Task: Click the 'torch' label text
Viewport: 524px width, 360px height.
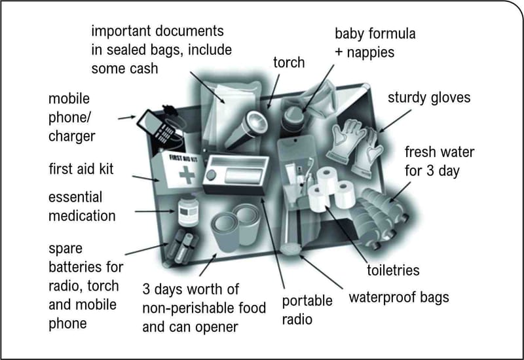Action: (x=289, y=63)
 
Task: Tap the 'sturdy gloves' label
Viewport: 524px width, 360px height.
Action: (x=429, y=98)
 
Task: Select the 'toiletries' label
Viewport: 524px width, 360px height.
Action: (x=393, y=270)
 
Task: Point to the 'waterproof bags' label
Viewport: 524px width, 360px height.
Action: (x=399, y=297)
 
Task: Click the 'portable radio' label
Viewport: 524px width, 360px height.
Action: (x=307, y=310)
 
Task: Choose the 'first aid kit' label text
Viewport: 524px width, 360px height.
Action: (x=81, y=170)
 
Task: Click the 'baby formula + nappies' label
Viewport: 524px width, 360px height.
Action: (x=375, y=42)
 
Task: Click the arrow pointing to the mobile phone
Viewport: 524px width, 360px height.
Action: (x=125, y=118)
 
